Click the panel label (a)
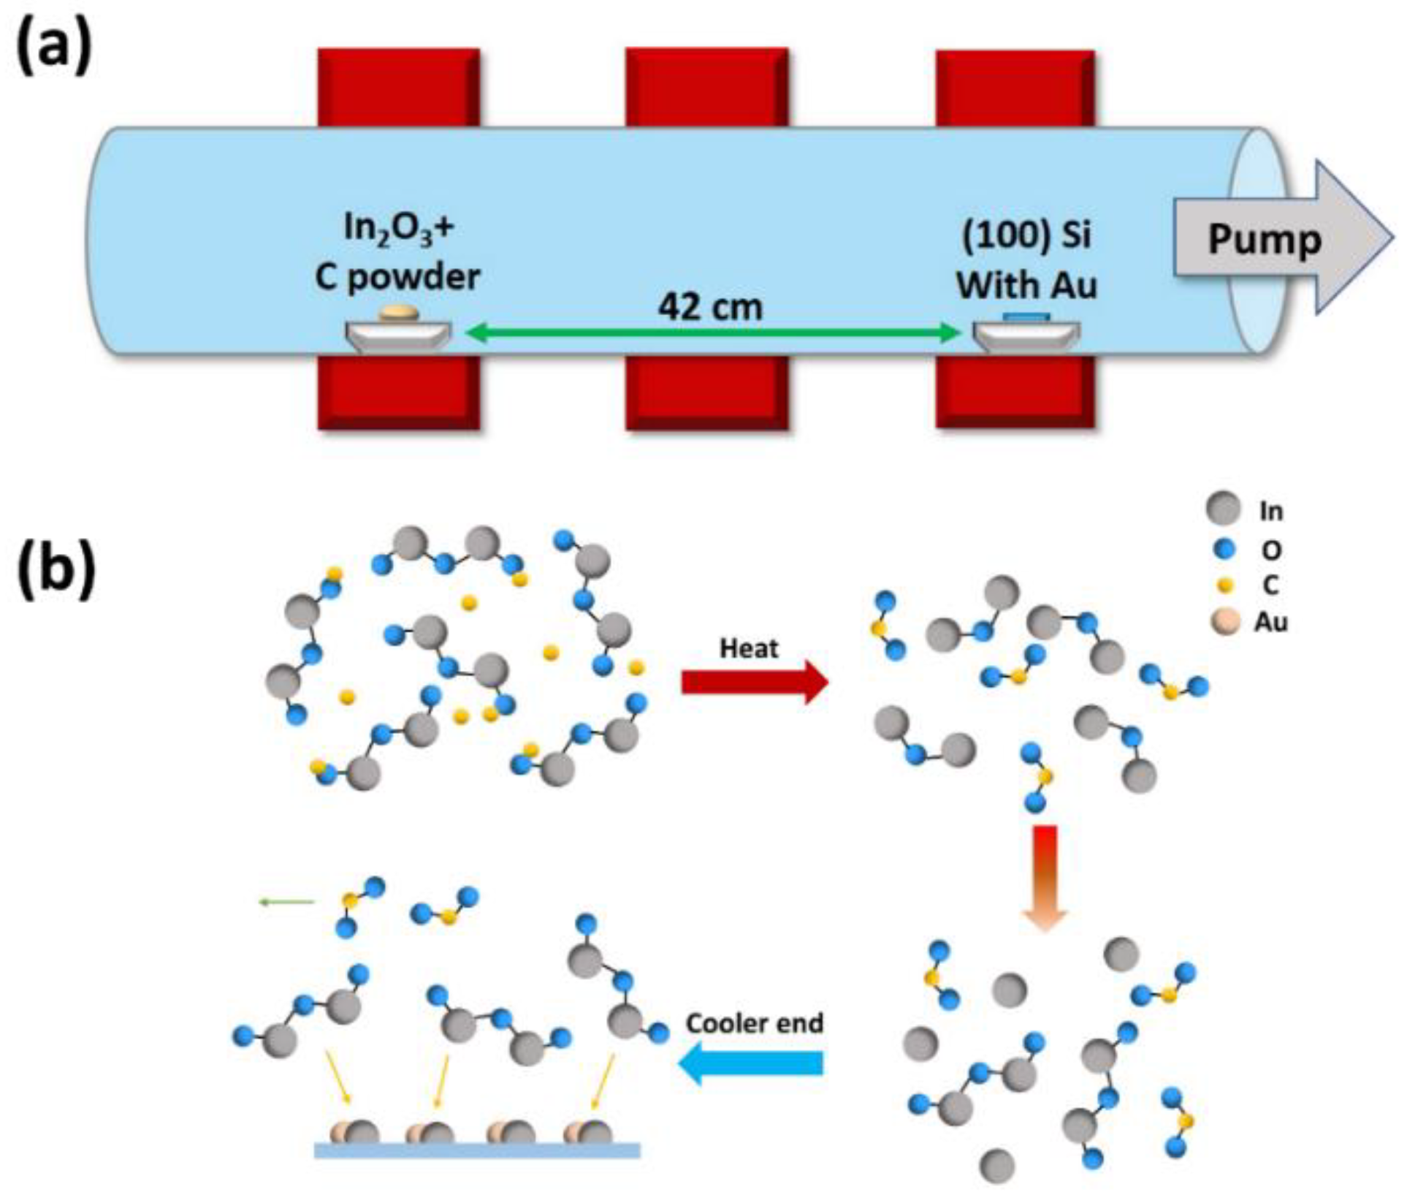(x=54, y=45)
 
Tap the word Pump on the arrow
(x=1264, y=239)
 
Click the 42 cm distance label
(x=710, y=307)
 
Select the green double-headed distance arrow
(x=712, y=334)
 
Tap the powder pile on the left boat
(x=399, y=314)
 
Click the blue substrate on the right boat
(x=1026, y=316)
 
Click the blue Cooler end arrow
(x=752, y=1062)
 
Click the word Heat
(x=749, y=648)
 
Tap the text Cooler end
(x=755, y=1023)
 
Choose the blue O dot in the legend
(x=1225, y=548)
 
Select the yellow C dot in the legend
(x=1226, y=585)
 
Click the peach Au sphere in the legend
(x=1225, y=623)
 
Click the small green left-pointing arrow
(x=286, y=902)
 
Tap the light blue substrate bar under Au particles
(x=477, y=1151)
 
